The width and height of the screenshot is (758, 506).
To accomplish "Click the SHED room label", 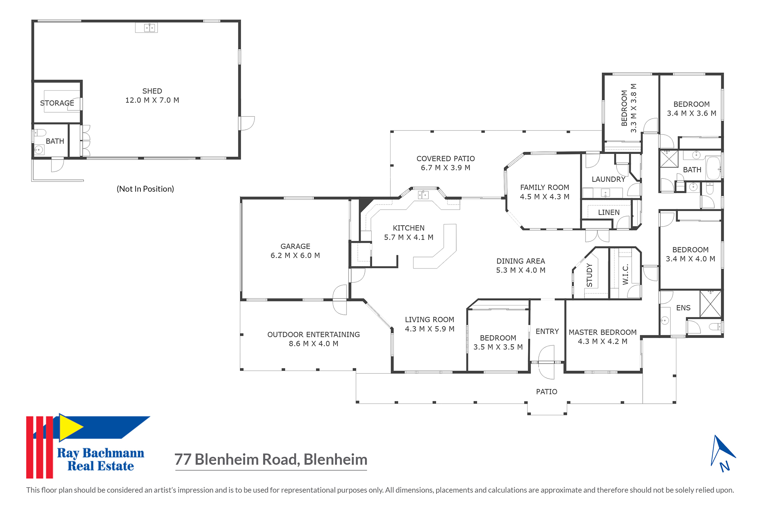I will tap(152, 91).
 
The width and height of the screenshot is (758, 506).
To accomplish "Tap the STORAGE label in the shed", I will tap(57, 103).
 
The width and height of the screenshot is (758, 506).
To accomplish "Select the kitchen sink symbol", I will tap(423, 195).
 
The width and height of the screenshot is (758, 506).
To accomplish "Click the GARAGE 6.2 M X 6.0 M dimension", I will tap(295, 256).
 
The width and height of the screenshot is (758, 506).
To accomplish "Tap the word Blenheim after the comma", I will tap(335, 460).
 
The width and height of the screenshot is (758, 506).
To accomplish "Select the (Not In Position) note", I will tap(145, 189).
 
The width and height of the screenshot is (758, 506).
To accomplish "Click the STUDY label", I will tap(590, 275).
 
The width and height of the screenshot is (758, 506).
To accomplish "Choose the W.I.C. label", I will tap(626, 275).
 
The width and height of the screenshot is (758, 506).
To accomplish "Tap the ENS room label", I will tap(683, 308).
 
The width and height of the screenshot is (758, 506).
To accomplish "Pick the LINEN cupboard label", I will tap(609, 213).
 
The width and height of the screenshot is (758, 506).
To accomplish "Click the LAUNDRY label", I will tap(609, 179).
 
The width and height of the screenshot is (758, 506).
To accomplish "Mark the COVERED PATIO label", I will tap(445, 159).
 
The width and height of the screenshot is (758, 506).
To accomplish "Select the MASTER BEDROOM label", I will tap(602, 333).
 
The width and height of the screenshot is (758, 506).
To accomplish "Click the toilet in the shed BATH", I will tap(40, 133).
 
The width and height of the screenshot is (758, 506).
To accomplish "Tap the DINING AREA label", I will tap(520, 261).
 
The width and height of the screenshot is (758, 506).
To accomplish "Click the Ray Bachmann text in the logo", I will tap(100, 453).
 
